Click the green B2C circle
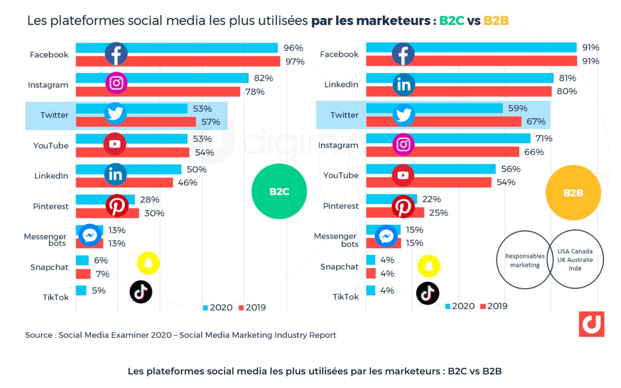279,191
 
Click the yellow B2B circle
573,193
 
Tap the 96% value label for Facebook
293,48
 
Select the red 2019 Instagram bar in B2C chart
158,92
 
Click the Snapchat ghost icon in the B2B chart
428,266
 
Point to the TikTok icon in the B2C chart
141,292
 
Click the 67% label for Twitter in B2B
536,122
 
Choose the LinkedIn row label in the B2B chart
341,84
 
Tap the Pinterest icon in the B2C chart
117,206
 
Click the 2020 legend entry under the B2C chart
217,307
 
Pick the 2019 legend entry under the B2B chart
494,306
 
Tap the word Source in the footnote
39,335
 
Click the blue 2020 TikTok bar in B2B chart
371,290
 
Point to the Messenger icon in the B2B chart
386,236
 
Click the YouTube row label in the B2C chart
51,145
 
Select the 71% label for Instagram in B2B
544,139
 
